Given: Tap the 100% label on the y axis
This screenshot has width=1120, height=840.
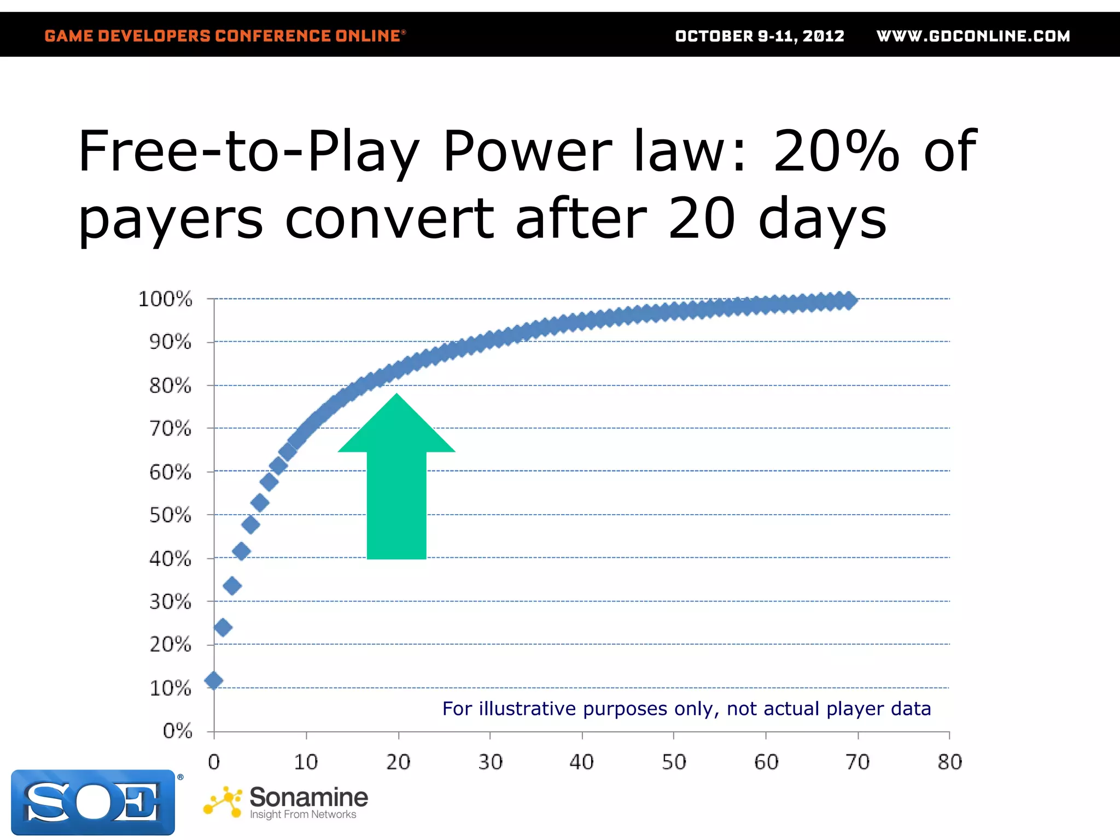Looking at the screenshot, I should click(165, 299).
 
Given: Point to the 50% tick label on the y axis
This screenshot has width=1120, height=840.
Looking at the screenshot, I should click(170, 515).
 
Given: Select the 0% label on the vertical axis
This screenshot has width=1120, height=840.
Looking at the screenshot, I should click(177, 731).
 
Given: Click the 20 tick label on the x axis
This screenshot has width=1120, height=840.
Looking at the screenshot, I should click(398, 762).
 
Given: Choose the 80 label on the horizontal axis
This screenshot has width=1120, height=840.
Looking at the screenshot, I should click(949, 762).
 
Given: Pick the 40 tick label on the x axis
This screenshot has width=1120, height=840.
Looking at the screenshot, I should click(581, 762).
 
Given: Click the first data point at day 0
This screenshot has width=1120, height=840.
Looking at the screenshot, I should click(214, 681).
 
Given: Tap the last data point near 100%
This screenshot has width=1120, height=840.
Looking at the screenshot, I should click(849, 300).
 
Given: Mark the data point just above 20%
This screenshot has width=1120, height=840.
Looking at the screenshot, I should click(223, 627).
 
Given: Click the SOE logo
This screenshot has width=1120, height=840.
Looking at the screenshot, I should click(93, 802).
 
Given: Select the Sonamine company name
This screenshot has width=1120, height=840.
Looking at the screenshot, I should click(308, 797).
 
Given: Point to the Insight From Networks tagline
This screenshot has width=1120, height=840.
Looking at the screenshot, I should click(303, 815).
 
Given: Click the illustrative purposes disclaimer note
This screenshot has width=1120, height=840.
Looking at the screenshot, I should click(686, 709).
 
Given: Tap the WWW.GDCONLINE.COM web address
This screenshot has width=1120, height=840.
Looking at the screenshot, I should click(973, 36).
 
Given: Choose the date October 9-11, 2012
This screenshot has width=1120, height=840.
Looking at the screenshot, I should click(760, 36).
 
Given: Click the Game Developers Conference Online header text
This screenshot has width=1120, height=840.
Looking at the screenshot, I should click(224, 36).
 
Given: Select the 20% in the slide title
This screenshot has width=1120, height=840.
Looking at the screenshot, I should click(836, 151).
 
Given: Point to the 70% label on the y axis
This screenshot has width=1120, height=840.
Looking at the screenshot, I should click(170, 429).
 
